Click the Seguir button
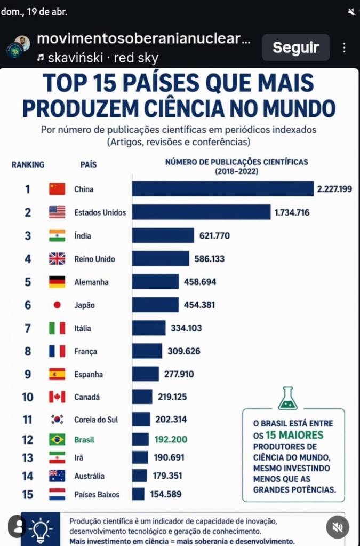(295, 47)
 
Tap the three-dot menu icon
(345, 47)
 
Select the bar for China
(223, 189)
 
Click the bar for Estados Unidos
(201, 212)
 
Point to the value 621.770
(214, 235)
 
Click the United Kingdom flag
(57, 259)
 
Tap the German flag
(57, 282)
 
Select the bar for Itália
(149, 328)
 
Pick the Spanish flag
(57, 374)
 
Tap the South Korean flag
(57, 420)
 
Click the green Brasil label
(84, 440)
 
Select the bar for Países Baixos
(138, 494)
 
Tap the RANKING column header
(28, 165)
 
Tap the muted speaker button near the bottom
(337, 527)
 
